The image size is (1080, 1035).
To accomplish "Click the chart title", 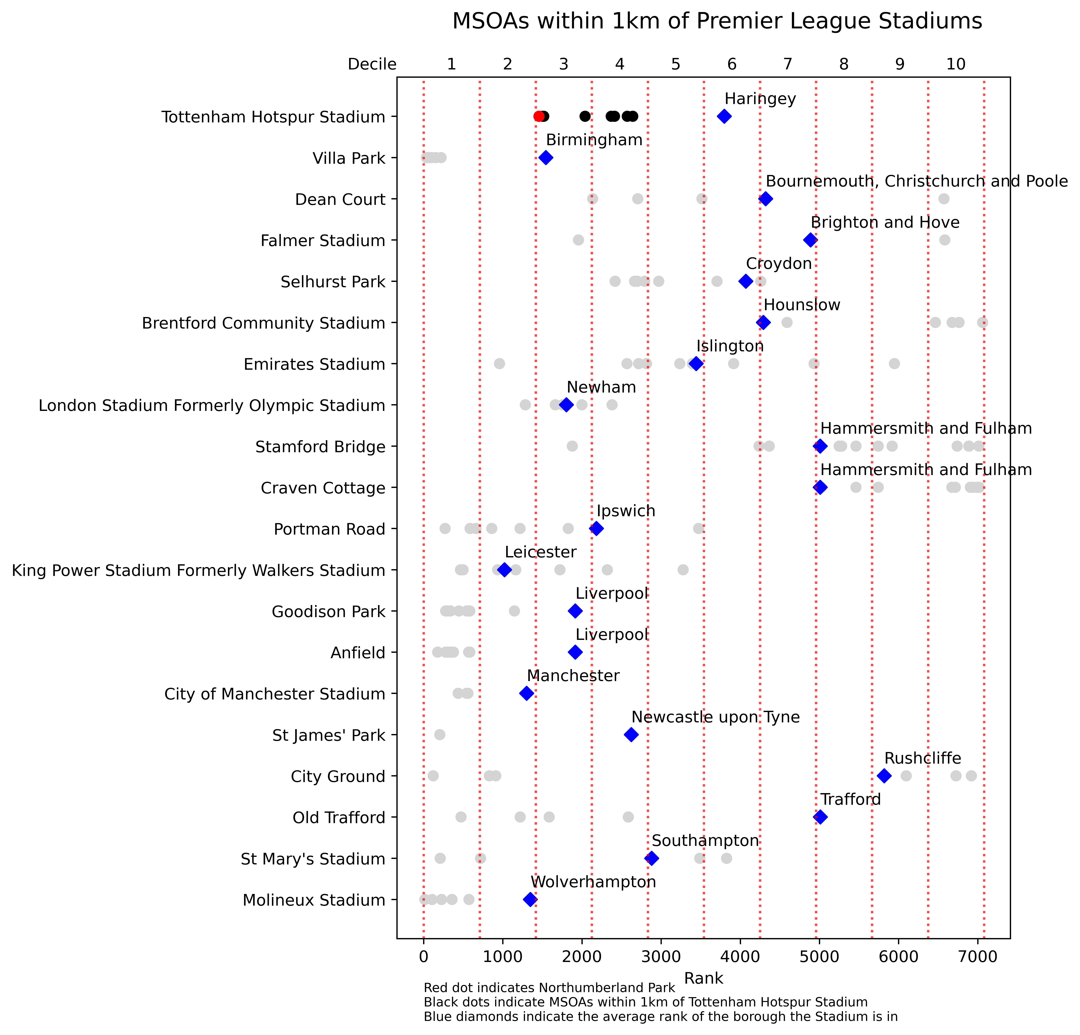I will click(x=717, y=22).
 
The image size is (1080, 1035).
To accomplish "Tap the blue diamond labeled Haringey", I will click(x=724, y=116).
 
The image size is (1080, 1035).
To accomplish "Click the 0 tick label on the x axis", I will click(x=423, y=957).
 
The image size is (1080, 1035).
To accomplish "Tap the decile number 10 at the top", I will click(x=956, y=64).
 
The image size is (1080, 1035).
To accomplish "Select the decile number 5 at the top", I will click(x=676, y=64).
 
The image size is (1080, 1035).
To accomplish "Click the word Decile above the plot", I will click(x=372, y=64).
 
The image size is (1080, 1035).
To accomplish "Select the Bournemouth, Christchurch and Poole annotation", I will click(x=916, y=181).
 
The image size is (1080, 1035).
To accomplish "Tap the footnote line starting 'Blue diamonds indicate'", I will click(x=661, y=1017).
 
